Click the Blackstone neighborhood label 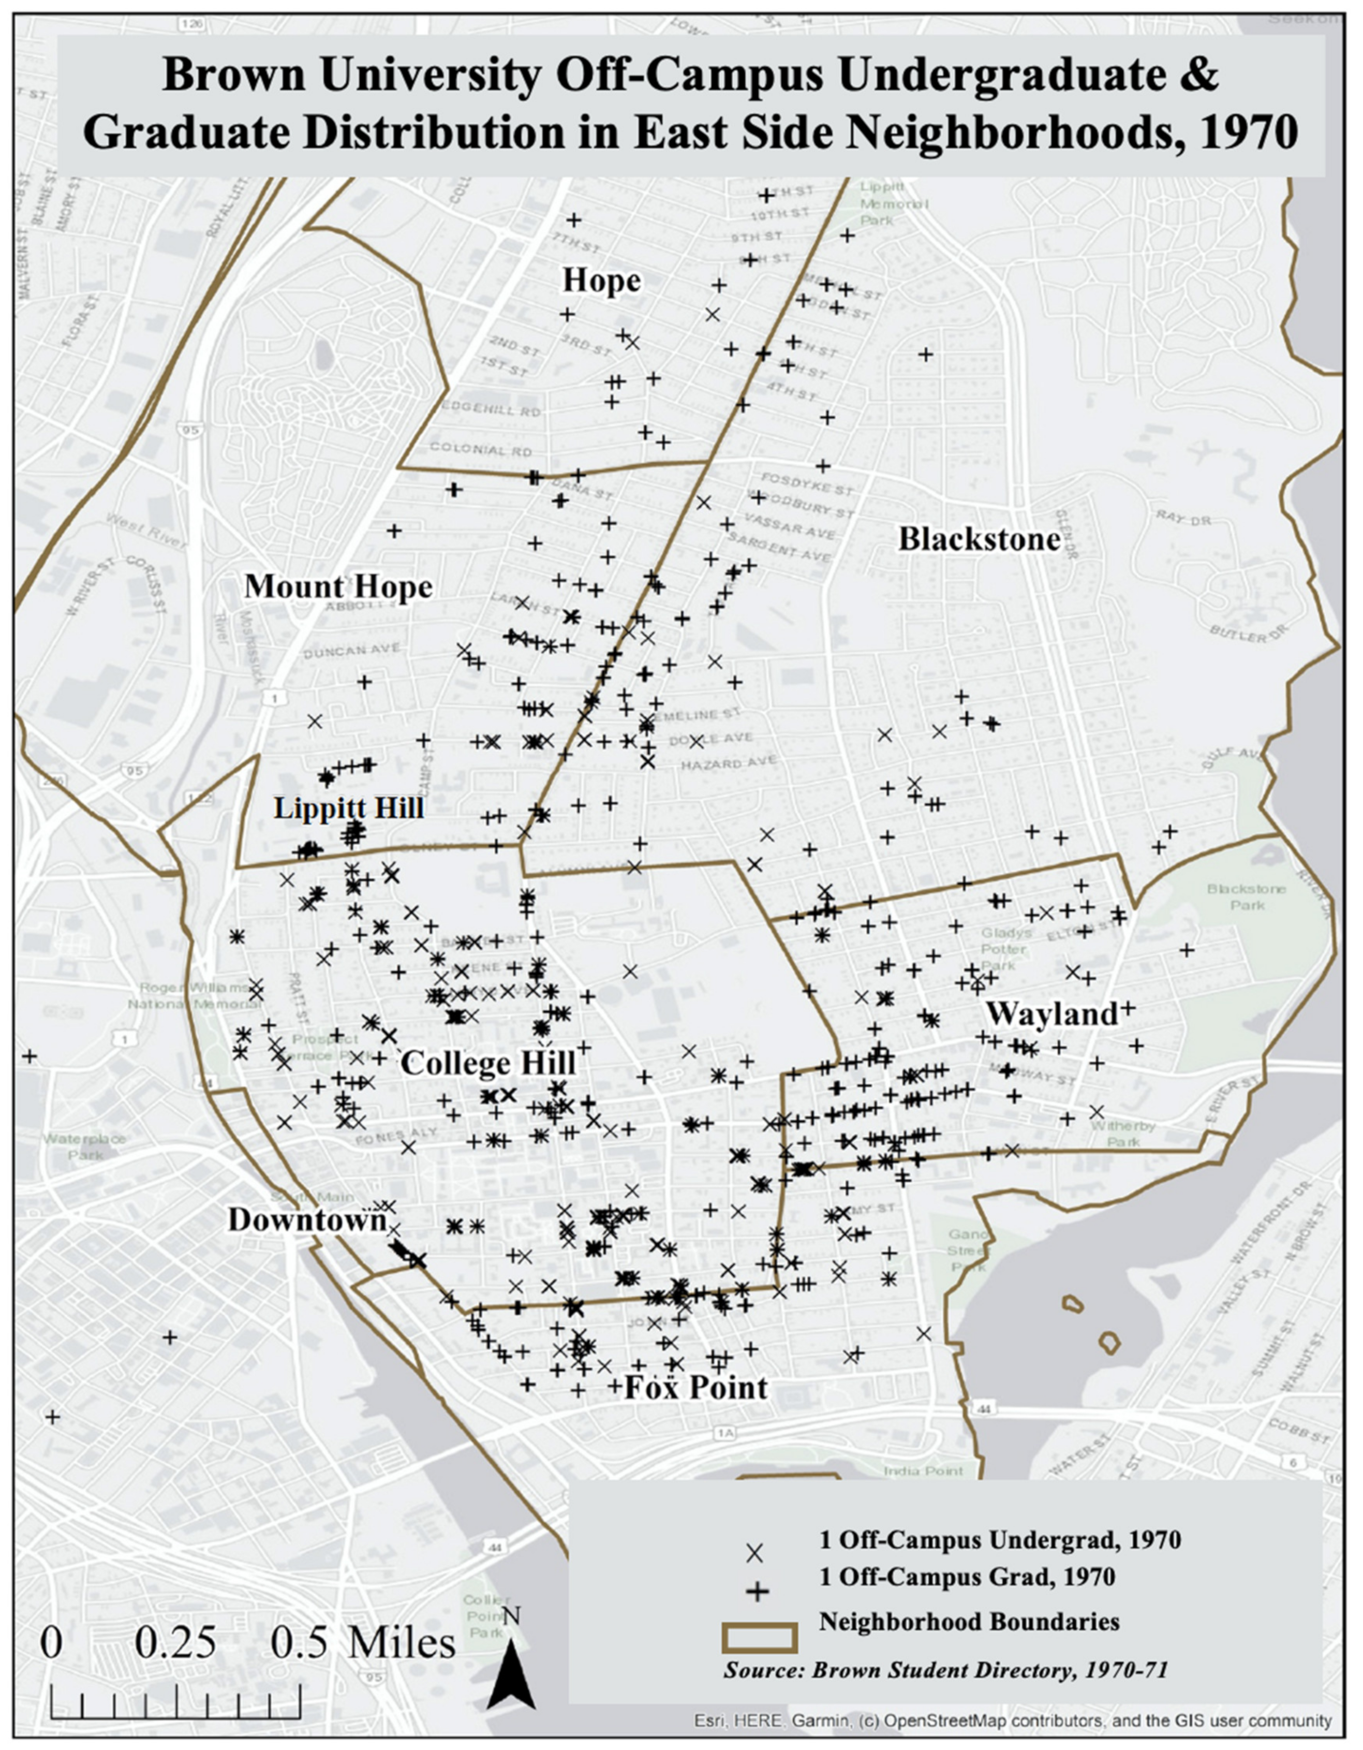[979, 539]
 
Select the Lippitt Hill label [349, 807]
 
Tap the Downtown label [307, 1220]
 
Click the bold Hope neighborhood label [601, 281]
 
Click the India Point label [923, 1471]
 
